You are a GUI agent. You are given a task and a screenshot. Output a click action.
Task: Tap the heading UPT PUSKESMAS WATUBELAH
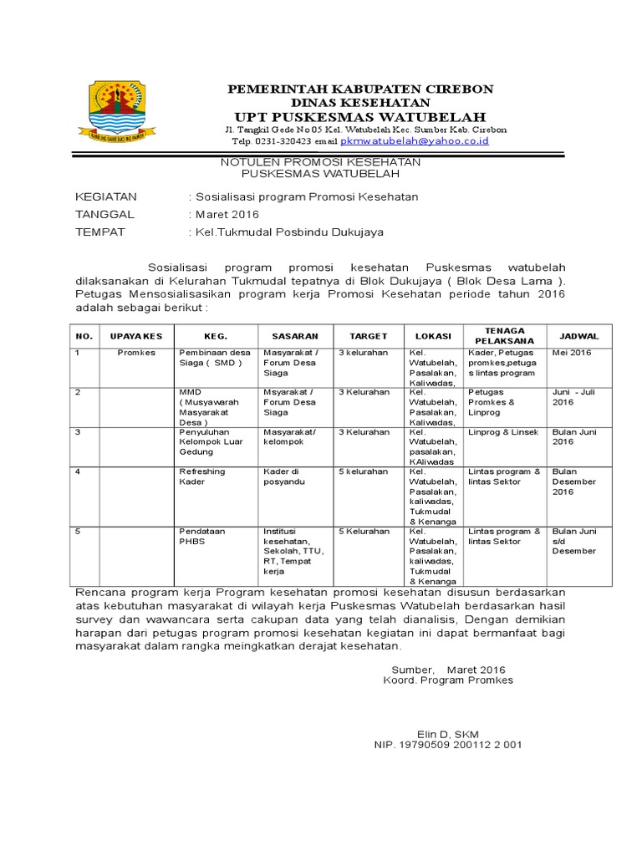pyautogui.click(x=360, y=116)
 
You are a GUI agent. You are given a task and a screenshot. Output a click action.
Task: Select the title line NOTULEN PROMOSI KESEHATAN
pyautogui.click(x=320, y=161)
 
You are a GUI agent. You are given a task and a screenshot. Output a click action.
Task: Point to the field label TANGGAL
pyautogui.click(x=104, y=215)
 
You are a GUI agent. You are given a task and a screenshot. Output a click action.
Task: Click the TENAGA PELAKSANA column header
pyautogui.click(x=504, y=336)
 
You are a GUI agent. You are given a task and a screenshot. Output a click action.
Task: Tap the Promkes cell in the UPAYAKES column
pyautogui.click(x=136, y=353)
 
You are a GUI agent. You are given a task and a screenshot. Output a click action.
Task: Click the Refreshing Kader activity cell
pyautogui.click(x=202, y=476)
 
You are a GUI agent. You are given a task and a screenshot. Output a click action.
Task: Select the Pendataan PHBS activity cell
pyautogui.click(x=201, y=536)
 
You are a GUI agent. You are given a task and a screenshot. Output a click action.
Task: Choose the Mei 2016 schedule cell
pyautogui.click(x=571, y=353)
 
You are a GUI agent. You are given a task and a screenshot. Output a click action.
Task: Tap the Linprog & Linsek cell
pyautogui.click(x=502, y=431)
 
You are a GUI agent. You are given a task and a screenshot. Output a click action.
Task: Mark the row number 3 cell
pyautogui.click(x=78, y=431)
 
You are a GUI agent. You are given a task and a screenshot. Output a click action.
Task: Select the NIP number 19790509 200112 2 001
pyautogui.click(x=448, y=744)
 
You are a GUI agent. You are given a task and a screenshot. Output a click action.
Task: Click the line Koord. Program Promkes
pyautogui.click(x=448, y=680)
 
